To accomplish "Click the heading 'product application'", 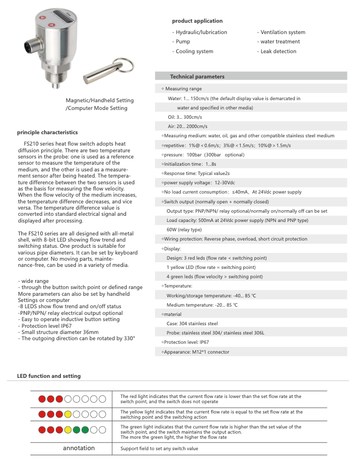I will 197,21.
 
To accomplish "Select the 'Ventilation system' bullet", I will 283,32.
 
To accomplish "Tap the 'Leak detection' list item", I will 278,51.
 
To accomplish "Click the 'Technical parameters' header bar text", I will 197,76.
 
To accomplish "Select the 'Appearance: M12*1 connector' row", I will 196,352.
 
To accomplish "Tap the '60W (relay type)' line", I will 184,229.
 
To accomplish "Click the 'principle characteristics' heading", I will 47,133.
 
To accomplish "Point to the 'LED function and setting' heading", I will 49,376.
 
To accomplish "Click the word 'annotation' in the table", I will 79,448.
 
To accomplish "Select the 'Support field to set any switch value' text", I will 159,449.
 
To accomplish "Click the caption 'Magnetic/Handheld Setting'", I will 99,100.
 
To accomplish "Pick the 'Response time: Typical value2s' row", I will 197,173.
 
